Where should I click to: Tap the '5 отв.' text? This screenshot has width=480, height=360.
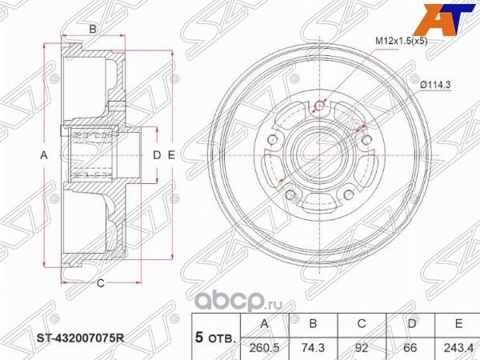coord(216,338)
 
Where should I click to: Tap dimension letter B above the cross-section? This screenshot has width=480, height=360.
coord(93,30)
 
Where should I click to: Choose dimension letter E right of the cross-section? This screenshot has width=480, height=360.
coord(170,154)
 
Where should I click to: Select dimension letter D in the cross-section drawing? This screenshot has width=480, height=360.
coord(157,154)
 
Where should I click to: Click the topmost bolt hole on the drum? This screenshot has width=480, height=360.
coord(322,105)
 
